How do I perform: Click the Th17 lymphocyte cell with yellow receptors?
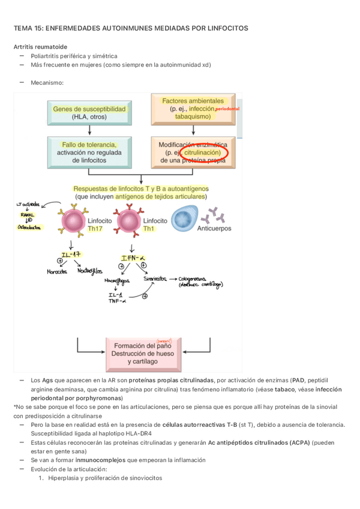[x=74, y=220]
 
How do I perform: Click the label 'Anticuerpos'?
[x=214, y=229]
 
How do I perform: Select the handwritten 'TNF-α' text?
[x=117, y=301]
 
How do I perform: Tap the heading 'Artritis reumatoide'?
[x=40, y=46]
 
